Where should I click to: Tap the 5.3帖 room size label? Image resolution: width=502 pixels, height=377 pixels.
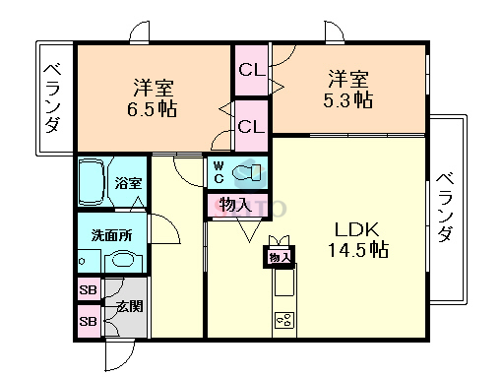350,99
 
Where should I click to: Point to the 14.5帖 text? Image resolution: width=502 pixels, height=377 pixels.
356,250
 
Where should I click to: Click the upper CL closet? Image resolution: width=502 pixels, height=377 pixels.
250,70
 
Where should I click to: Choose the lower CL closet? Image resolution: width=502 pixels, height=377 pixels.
250,126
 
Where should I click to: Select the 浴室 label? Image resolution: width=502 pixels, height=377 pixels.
128,183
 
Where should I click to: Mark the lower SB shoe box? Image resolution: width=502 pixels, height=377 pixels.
89,321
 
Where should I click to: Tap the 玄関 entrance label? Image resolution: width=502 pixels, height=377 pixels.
129,306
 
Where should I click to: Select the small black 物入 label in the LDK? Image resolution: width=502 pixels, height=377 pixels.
279,258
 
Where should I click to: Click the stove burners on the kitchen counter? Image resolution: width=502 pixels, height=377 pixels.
284,320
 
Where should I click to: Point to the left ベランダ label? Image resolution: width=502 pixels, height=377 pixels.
53,97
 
